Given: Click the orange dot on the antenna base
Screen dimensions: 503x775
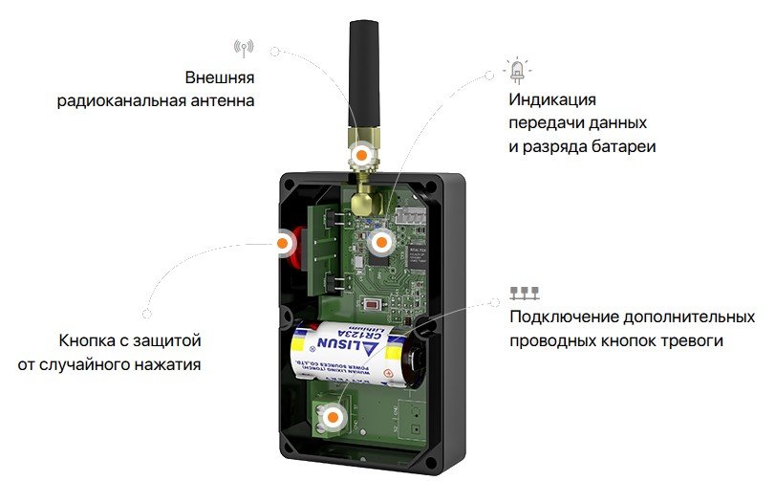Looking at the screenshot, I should click(362, 154).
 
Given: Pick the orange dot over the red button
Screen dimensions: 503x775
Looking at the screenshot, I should click(284, 244).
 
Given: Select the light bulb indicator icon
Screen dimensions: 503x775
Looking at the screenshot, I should click(518, 71).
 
